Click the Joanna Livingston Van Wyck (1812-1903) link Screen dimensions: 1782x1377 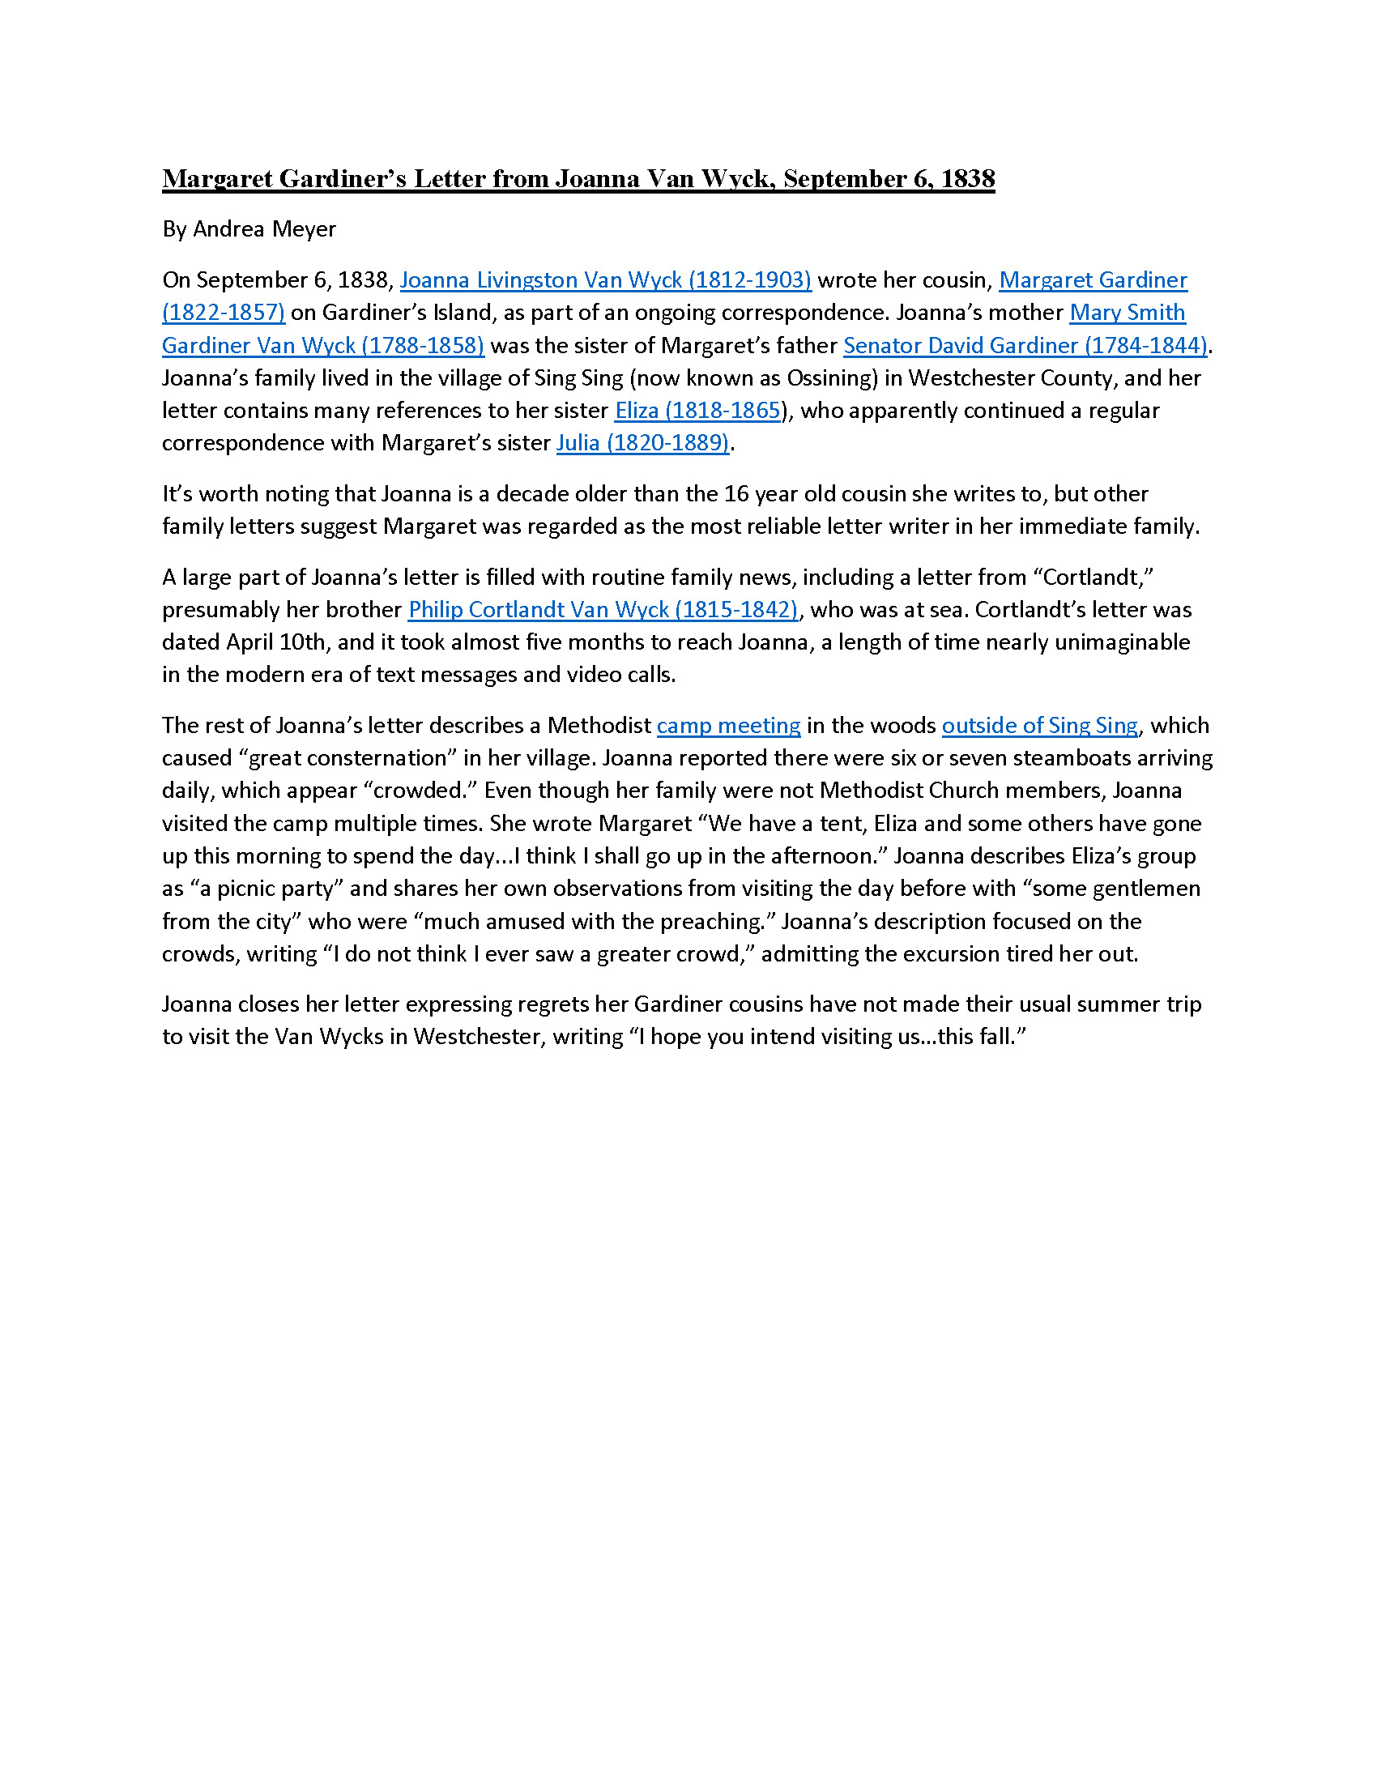(x=605, y=280)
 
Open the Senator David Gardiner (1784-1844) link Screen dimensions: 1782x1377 (x=1025, y=345)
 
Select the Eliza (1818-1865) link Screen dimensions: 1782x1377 (x=697, y=410)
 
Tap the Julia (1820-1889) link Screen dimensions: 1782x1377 (x=643, y=442)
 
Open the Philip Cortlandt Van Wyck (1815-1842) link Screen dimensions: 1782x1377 (x=603, y=609)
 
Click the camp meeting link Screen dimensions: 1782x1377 (x=728, y=726)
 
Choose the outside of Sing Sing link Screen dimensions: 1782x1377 (x=1039, y=726)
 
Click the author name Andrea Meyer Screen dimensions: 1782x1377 (x=263, y=229)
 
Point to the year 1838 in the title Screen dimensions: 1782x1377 (x=967, y=179)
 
